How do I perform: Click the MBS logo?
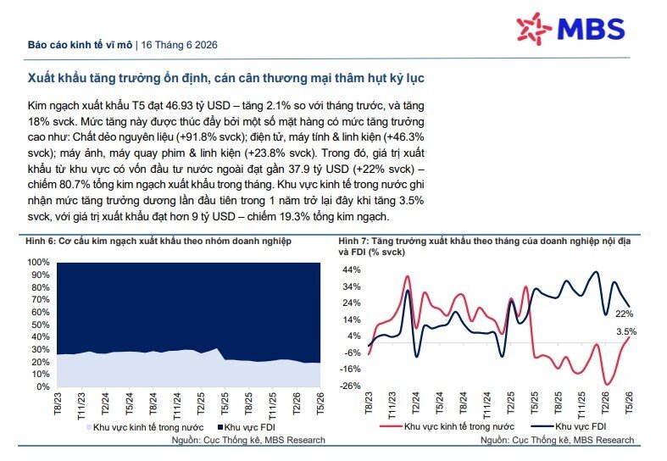[571, 29]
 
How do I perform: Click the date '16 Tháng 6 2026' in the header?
[179, 45]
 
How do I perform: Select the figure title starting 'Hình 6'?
[158, 242]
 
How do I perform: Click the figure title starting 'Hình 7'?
[485, 247]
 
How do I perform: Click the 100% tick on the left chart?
[38, 262]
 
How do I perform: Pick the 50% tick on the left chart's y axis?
[41, 325]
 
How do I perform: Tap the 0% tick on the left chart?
[43, 386]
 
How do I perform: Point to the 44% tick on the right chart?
[353, 269]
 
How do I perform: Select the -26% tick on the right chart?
[351, 386]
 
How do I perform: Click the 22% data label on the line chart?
[624, 314]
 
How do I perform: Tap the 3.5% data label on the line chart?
[626, 331]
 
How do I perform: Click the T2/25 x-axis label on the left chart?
[201, 403]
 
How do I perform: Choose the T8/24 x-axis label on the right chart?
[464, 403]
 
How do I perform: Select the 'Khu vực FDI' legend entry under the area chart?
[247, 427]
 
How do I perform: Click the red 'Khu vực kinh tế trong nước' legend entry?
[447, 426]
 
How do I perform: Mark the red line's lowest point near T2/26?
[606, 385]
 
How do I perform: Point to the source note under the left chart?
[248, 440]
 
